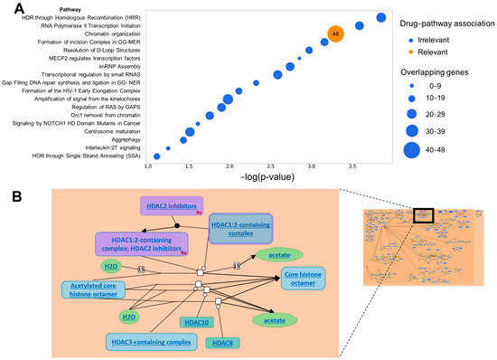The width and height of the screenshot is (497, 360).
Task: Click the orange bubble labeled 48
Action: [x=335, y=34]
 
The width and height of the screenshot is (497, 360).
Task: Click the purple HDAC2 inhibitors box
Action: [x=171, y=206]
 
